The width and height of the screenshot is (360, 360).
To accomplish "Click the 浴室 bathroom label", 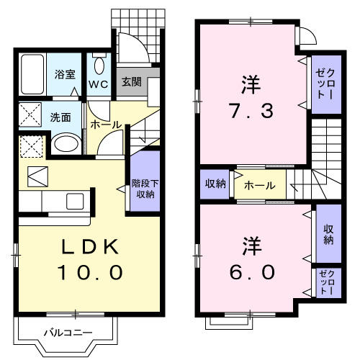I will tap(66, 73).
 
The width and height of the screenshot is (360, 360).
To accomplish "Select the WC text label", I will tap(98, 84).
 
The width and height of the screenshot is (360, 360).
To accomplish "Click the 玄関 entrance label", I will tap(131, 81).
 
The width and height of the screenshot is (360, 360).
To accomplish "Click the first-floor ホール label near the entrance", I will tap(105, 125).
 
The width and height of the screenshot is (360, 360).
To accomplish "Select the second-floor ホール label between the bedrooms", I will tap(259, 185).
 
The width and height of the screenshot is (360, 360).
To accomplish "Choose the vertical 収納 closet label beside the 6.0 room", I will tap(328, 234).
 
